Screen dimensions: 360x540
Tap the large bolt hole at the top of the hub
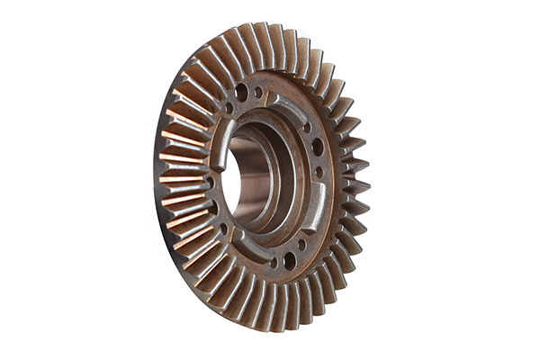241,91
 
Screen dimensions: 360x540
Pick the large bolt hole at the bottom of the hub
289,260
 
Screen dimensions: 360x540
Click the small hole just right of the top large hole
258,92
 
